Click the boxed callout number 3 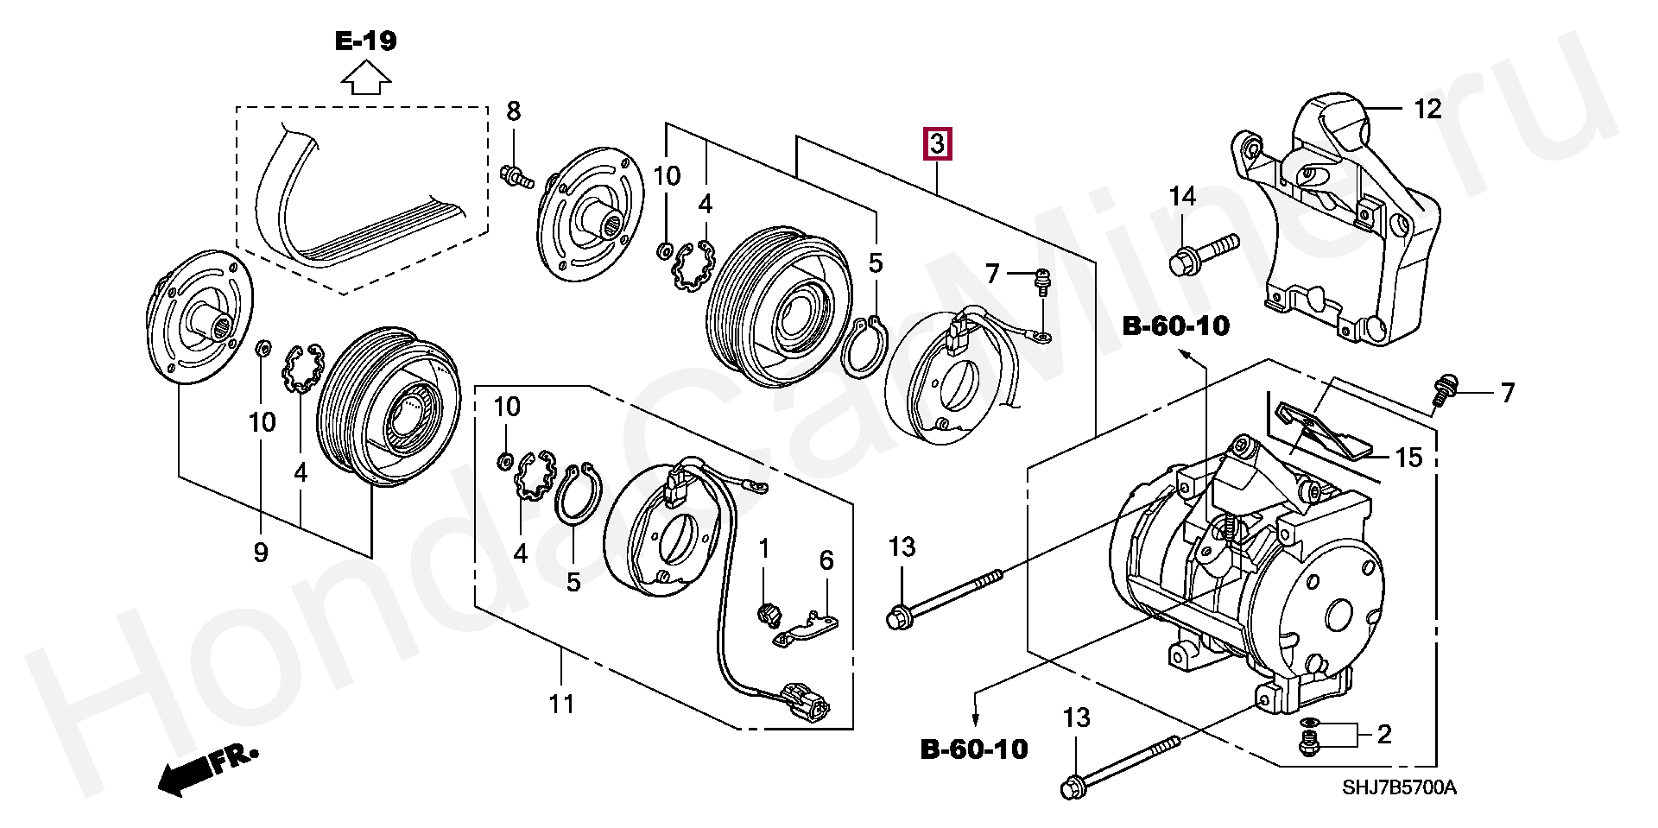pyautogui.click(x=938, y=143)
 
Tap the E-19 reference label pyautogui.click(x=366, y=41)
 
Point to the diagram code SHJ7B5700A pyautogui.click(x=1398, y=788)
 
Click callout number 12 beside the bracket pyautogui.click(x=1427, y=110)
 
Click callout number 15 pyautogui.click(x=1408, y=458)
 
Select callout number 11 pyautogui.click(x=561, y=705)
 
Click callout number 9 pyautogui.click(x=261, y=553)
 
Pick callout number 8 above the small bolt pyautogui.click(x=514, y=111)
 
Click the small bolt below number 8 pyautogui.click(x=515, y=176)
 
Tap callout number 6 pyautogui.click(x=826, y=561)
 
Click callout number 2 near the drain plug pyautogui.click(x=1383, y=735)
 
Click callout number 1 pyautogui.click(x=763, y=548)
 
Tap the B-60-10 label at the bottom pyautogui.click(x=975, y=749)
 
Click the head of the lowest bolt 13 pyautogui.click(x=1072, y=787)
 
